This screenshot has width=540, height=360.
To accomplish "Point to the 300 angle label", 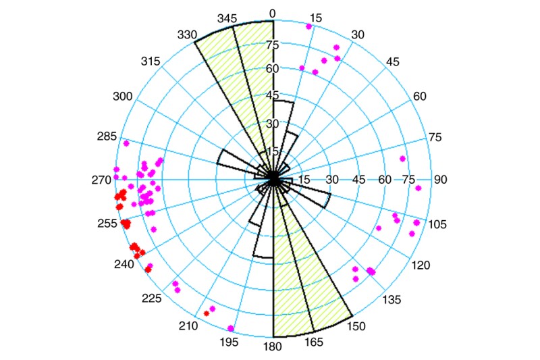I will pyautogui.click(x=123, y=97).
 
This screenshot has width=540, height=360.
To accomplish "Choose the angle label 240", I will pyautogui.click(x=124, y=264).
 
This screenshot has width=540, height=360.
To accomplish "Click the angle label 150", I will pyautogui.click(x=356, y=326).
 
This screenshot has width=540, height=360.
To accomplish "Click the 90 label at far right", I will pyautogui.click(x=441, y=180).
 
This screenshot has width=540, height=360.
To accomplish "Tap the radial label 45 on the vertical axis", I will pyautogui.click(x=273, y=95).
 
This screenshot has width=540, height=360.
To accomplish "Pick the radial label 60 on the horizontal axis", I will pyautogui.click(x=384, y=180).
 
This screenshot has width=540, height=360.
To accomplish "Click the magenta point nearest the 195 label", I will pyautogui.click(x=232, y=329).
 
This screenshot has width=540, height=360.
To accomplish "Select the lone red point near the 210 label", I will pyautogui.click(x=206, y=313).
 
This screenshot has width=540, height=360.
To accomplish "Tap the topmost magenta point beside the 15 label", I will pyautogui.click(x=309, y=26).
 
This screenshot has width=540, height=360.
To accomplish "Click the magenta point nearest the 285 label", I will pyautogui.click(x=126, y=143).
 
